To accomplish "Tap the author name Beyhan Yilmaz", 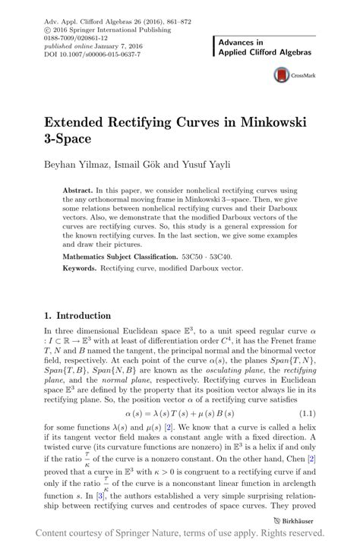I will click(x=74, y=163).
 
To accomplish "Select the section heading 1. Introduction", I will click(x=78, y=315).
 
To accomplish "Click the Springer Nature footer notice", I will click(x=180, y=535).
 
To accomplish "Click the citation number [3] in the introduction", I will click(x=90, y=495).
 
